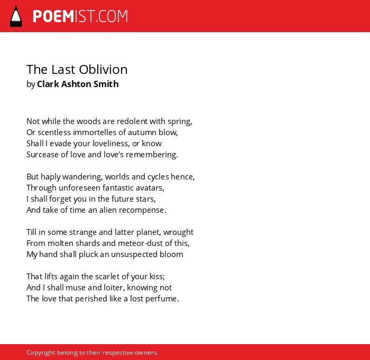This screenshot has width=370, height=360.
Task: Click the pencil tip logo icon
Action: tap(16, 16)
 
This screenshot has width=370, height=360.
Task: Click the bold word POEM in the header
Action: tap(53, 16)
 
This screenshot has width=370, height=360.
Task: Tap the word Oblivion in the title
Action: tap(103, 70)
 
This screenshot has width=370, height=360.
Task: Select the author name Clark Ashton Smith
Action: tap(78, 84)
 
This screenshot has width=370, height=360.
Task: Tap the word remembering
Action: tap(152, 155)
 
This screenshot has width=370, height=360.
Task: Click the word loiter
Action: tap(116, 288)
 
